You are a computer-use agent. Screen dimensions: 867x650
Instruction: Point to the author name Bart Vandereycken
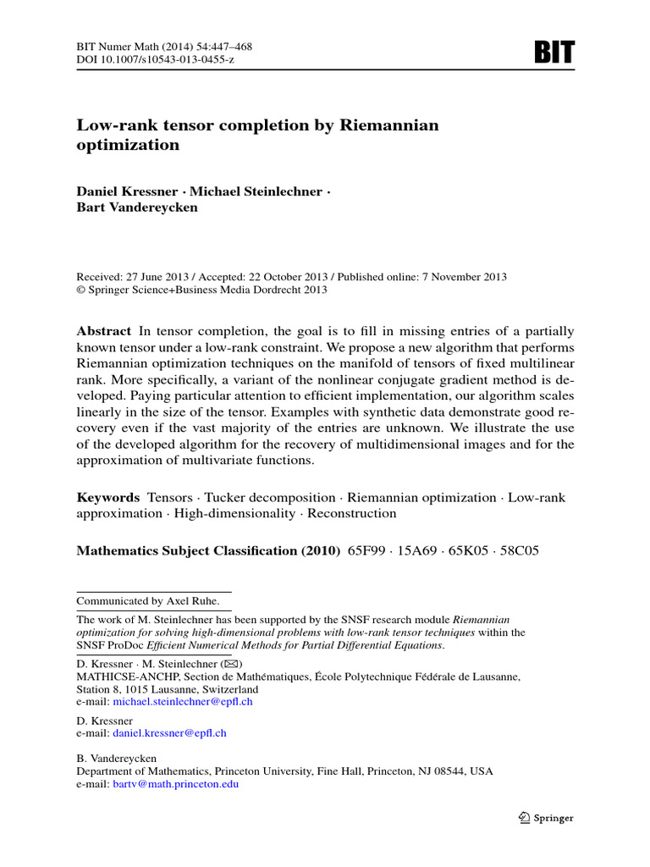tap(137, 207)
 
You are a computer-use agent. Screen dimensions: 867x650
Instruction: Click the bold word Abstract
tap(103, 331)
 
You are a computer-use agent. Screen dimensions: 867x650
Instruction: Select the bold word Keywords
tap(107, 498)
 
